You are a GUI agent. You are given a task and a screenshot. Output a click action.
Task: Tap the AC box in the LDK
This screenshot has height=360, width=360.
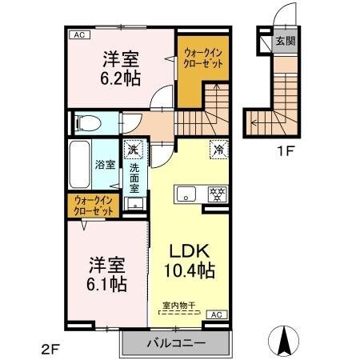pyautogui.click(x=215, y=314)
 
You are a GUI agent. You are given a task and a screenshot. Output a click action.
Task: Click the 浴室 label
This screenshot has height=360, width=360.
pyautogui.click(x=106, y=165)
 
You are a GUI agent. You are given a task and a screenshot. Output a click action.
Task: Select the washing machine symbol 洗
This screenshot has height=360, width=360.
pyautogui.click(x=132, y=148)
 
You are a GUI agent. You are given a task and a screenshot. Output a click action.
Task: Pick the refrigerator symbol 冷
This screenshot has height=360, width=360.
pyautogui.click(x=217, y=148)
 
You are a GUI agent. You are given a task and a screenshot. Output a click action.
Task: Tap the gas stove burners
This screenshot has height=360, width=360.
pyautogui.click(x=215, y=194)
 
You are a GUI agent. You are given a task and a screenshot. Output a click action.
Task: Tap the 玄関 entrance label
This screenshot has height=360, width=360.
pyautogui.click(x=285, y=40)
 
